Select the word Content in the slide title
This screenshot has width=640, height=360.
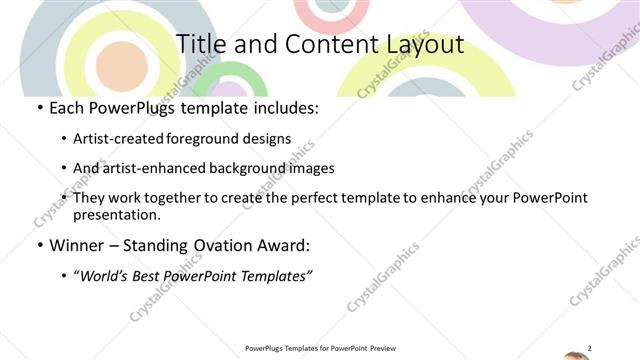click(316, 45)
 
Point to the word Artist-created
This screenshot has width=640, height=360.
click(119, 138)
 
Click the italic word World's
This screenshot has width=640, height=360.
click(105, 276)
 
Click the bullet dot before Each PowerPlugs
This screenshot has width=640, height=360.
click(39, 108)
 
